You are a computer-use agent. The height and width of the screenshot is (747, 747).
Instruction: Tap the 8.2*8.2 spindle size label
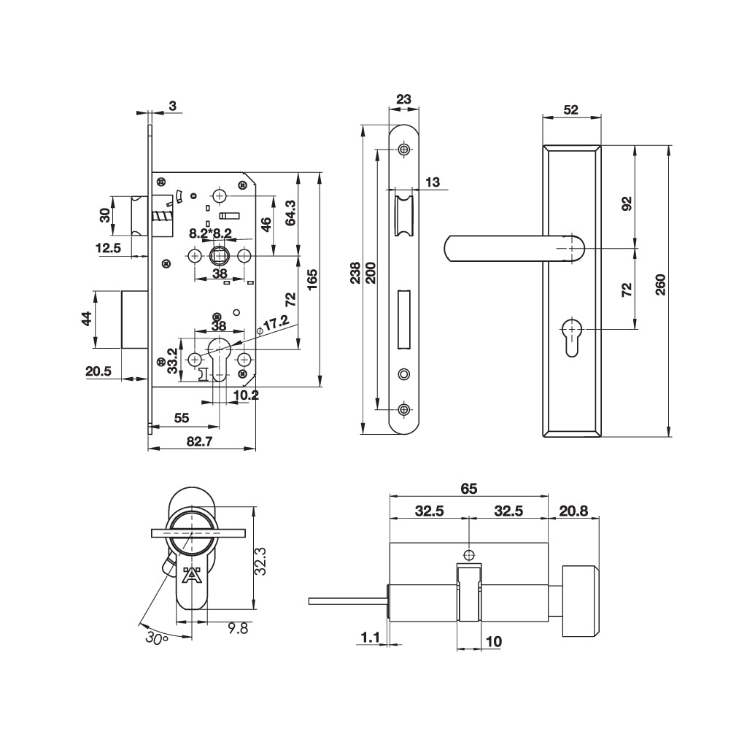click(x=210, y=233)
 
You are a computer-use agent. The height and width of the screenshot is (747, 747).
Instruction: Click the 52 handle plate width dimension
click(x=571, y=110)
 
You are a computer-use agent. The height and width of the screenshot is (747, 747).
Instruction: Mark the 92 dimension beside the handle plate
click(x=626, y=203)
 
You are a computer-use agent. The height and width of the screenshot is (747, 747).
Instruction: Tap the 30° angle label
click(x=156, y=638)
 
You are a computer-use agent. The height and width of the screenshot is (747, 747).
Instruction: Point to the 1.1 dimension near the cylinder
click(x=371, y=638)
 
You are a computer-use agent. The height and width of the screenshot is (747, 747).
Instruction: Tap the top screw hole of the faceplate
click(x=405, y=150)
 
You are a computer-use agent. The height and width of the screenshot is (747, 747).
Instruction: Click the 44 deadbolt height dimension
click(x=86, y=320)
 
